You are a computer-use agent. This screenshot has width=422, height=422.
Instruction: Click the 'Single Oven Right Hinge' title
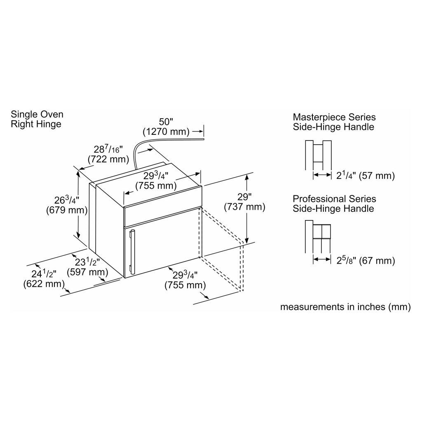coord(37,119)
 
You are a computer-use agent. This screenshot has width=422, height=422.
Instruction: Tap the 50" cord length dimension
coord(166,122)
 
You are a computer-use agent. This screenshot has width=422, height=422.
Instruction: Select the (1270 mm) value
coord(166,132)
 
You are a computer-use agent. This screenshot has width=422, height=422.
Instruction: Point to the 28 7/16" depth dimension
coord(105,149)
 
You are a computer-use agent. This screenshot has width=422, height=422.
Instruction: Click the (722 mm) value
coord(105,159)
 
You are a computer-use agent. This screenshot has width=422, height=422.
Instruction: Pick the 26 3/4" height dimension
coord(67,200)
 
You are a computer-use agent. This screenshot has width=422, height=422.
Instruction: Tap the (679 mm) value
coord(67,210)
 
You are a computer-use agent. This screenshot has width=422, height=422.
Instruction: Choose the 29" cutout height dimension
coord(244,197)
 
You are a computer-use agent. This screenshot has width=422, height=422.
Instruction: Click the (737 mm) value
coord(244,207)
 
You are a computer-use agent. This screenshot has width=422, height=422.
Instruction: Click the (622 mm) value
coord(45,284)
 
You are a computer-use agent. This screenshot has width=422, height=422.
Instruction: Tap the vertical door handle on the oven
coord(132,252)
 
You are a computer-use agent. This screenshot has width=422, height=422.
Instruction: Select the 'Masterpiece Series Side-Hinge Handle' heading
coord(334,122)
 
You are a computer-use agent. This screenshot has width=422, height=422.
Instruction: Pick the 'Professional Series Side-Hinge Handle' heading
coord(334,204)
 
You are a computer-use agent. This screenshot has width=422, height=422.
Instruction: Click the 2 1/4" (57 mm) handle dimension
coord(365,176)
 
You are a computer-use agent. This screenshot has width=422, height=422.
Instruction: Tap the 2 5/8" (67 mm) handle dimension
coord(365,260)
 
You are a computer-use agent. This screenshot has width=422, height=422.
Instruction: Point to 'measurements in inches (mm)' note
coord(345,307)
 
